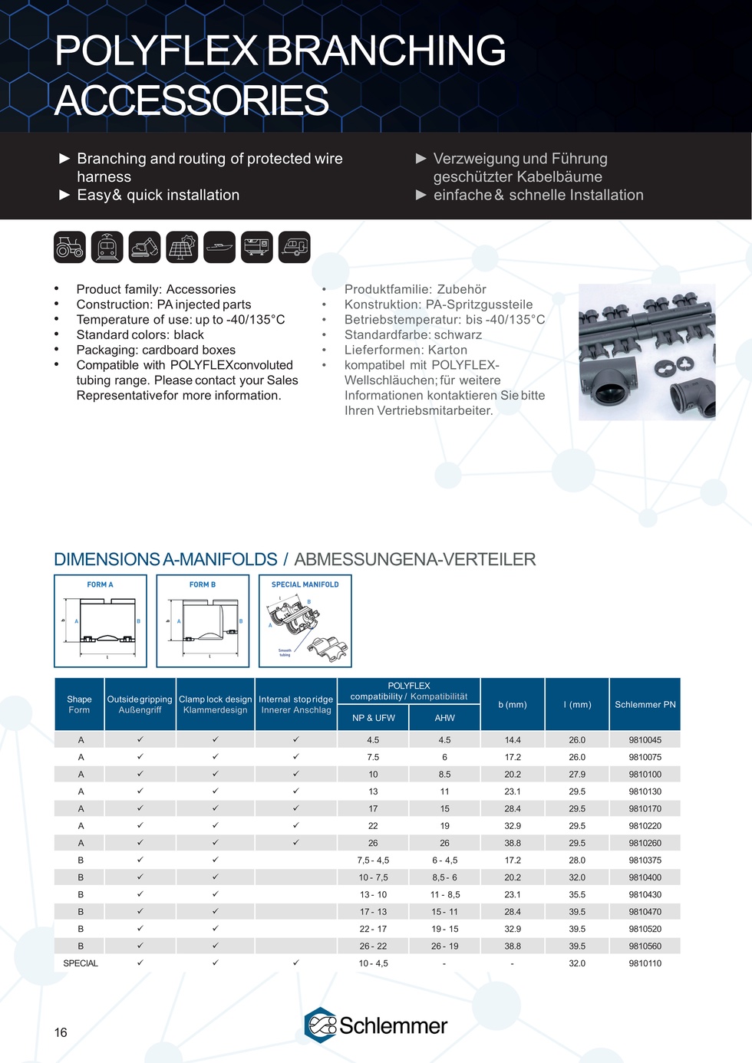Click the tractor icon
[70, 247]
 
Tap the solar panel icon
[182, 247]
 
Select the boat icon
[219, 247]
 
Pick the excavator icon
[144, 247]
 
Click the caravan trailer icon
[295, 247]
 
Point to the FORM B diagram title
[203, 584]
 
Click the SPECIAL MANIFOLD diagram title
[305, 584]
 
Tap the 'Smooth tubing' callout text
[285, 653]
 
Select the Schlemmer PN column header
[645, 704]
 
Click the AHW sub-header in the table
[445, 718]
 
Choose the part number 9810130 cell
[645, 791]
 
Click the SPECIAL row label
[81, 963]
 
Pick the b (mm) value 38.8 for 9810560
[513, 946]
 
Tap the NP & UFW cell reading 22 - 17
[373, 929]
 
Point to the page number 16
[61, 1032]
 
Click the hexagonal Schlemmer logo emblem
[321, 1025]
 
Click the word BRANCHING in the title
[386, 51]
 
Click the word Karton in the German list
[447, 350]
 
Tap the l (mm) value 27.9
[577, 775]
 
